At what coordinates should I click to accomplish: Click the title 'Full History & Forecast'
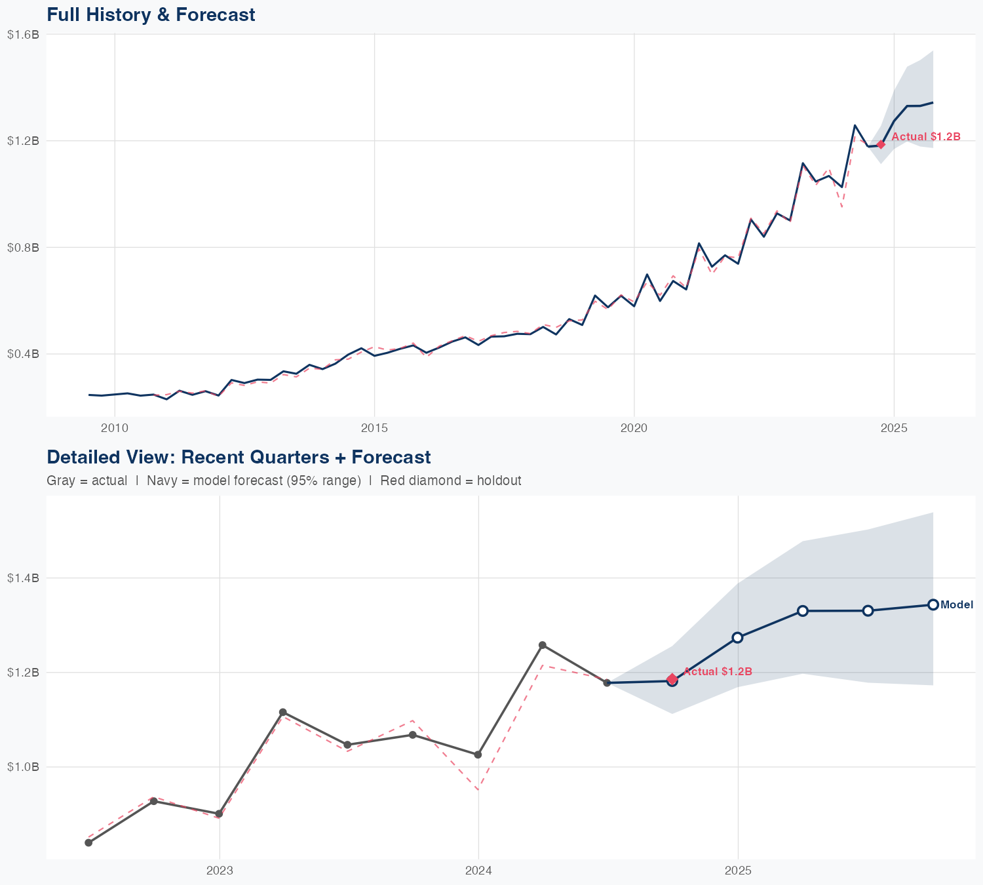[151, 14]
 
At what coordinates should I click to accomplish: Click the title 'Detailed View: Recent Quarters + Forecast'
[239, 457]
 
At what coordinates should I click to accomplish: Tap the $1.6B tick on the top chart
[23, 35]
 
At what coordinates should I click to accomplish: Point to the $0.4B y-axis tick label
[23, 354]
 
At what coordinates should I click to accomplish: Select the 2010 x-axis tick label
[115, 429]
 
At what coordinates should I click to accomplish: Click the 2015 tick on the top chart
[374, 429]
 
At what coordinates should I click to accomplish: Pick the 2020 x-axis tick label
[634, 429]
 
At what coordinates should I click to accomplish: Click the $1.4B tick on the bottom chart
[23, 578]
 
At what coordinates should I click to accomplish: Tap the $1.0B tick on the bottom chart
[23, 767]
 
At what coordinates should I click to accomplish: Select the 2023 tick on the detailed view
[219, 871]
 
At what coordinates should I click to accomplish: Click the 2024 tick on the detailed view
[478, 871]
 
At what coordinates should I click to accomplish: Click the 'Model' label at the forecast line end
[957, 605]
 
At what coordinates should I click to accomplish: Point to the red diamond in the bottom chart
[672, 679]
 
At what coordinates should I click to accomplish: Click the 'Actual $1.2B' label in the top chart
[926, 137]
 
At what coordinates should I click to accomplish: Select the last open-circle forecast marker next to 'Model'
[933, 604]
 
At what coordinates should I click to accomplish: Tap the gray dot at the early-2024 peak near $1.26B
[543, 645]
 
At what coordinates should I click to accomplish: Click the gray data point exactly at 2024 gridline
[478, 755]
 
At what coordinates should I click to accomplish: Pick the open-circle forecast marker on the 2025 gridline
[737, 637]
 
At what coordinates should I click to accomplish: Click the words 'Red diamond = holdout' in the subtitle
[451, 481]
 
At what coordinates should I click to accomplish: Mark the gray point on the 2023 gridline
[219, 814]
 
